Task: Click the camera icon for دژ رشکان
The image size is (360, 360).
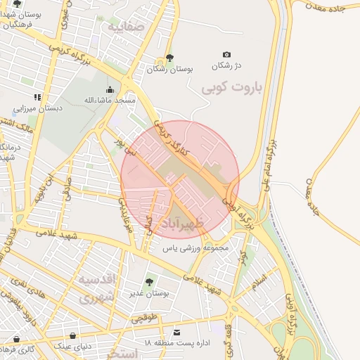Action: (226, 54)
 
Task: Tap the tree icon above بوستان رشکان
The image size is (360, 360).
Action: (169, 58)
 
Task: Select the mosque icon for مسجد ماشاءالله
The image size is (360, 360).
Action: (110, 89)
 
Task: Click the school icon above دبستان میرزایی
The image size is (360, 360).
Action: (37, 97)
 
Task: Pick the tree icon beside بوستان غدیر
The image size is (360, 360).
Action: (148, 282)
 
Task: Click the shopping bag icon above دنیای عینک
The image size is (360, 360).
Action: (73, 336)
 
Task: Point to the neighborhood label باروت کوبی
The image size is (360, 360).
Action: (231, 89)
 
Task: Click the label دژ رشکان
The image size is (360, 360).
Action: (227, 65)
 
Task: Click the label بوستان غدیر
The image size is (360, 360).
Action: (148, 293)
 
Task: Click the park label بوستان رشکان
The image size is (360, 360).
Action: (169, 70)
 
